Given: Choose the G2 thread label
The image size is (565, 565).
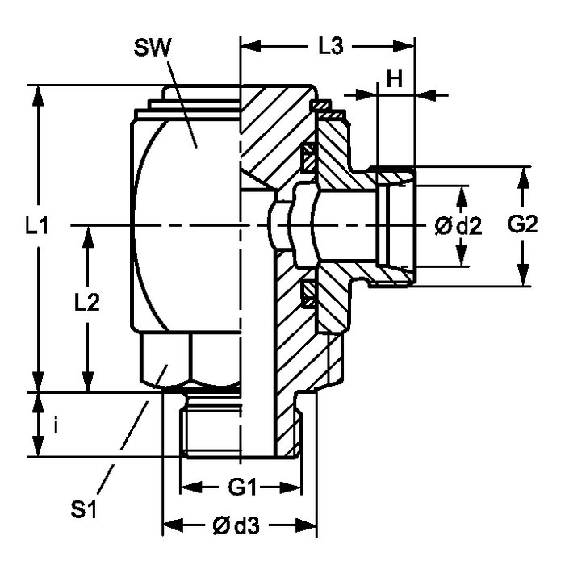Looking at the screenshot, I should pos(523,227).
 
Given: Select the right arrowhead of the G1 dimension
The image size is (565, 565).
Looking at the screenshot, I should pos(295,488).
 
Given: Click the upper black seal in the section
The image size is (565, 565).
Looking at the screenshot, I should pos(308,157).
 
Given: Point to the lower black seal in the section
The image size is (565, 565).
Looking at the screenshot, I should pos(308,295).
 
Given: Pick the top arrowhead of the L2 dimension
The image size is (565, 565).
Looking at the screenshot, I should pos(87,233).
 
